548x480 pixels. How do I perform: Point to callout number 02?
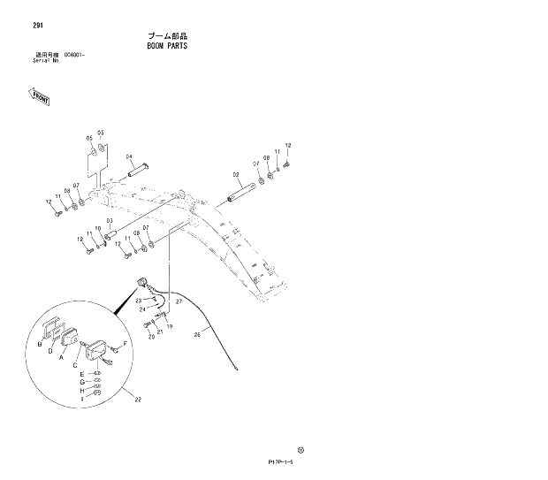click(237, 174)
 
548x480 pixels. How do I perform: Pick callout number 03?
click(109, 220)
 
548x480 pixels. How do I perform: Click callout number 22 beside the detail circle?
click(137, 399)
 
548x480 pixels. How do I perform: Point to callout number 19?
click(169, 327)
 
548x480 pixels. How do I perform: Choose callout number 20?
click(151, 337)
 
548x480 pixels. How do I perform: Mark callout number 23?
click(139, 301)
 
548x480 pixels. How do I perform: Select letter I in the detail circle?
click(81, 399)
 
